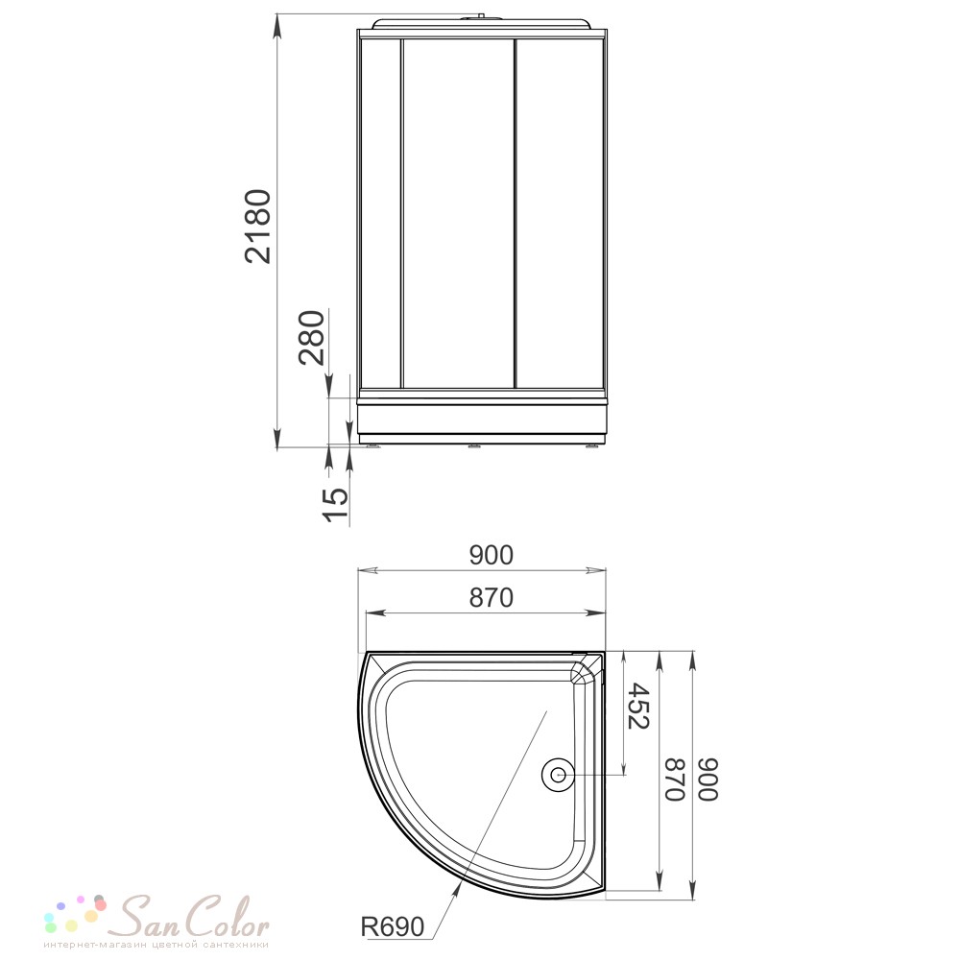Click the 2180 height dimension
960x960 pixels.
(257, 227)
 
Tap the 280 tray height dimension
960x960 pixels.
(311, 337)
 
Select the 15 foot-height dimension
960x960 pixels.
(335, 505)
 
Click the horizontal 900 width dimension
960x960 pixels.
(491, 555)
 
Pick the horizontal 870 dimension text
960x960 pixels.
(491, 597)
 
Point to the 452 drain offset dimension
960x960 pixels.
(638, 706)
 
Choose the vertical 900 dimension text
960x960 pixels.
(708, 779)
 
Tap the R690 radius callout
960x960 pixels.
(392, 926)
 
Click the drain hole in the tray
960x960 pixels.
(557, 775)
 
